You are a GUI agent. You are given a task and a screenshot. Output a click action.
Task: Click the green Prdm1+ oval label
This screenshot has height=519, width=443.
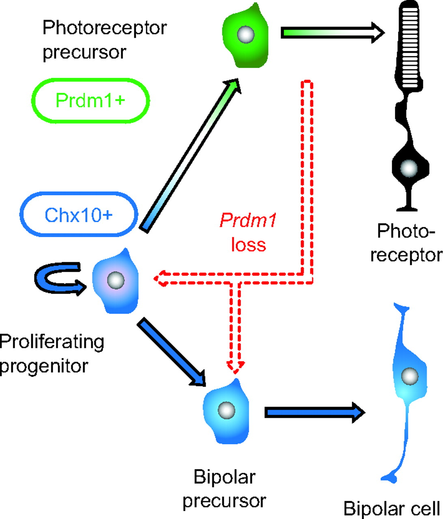click(x=90, y=100)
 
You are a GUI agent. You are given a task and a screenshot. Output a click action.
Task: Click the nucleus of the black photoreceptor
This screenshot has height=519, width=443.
click(x=409, y=167)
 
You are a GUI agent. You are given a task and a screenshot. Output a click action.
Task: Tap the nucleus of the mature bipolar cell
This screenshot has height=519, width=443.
click(x=410, y=377)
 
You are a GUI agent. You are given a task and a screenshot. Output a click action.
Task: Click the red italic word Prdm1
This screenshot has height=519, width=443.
click(x=248, y=221)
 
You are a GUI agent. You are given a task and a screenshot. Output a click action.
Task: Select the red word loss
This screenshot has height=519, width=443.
click(x=248, y=244)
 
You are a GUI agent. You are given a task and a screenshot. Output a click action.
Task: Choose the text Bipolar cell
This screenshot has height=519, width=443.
click(x=392, y=508)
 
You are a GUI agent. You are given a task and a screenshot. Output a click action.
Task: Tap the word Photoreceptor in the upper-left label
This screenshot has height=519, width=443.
click(x=105, y=28)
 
